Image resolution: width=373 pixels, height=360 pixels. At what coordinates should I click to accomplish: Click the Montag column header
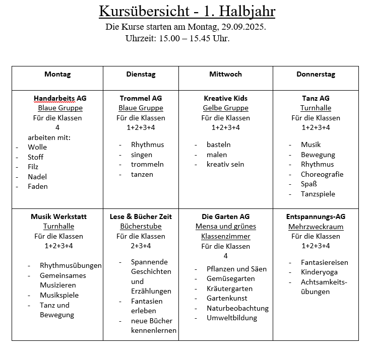pyautogui.click(x=57, y=74)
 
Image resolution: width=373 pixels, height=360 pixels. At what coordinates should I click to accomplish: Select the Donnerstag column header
pyautogui.click(x=316, y=74)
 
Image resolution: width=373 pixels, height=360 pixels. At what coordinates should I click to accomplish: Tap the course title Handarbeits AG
pyautogui.click(x=60, y=98)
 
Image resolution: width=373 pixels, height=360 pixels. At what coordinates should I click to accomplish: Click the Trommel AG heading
pyautogui.click(x=141, y=98)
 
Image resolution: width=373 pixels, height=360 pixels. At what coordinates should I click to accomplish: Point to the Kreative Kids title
pyautogui.click(x=225, y=98)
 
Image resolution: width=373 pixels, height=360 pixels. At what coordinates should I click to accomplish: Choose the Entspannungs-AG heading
pyautogui.click(x=316, y=217)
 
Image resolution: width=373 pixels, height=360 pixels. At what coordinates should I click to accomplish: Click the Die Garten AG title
pyautogui.click(x=225, y=217)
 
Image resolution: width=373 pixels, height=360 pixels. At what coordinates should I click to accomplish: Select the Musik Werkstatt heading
pyautogui.click(x=58, y=217)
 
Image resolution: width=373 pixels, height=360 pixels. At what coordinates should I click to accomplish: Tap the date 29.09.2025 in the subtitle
pyautogui.click(x=243, y=27)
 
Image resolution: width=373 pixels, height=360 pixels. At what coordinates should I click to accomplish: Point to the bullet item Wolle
pyautogui.click(x=37, y=147)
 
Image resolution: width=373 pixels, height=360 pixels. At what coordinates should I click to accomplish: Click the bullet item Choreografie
pyautogui.click(x=322, y=174)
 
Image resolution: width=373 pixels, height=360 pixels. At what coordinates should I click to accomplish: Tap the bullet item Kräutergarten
pyautogui.click(x=229, y=289)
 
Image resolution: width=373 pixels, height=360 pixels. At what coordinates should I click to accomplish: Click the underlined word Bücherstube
pyautogui.click(x=141, y=227)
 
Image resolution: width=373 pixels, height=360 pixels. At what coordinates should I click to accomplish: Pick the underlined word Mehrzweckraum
pyautogui.click(x=316, y=227)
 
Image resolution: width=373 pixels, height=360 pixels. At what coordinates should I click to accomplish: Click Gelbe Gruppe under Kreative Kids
pyautogui.click(x=225, y=108)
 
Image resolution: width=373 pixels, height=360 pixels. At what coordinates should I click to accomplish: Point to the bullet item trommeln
pyautogui.click(x=147, y=164)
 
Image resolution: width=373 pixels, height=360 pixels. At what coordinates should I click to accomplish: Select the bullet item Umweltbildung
pyautogui.click(x=232, y=318)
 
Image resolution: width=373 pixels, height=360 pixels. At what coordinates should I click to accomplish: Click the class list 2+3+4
pyautogui.click(x=141, y=246)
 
